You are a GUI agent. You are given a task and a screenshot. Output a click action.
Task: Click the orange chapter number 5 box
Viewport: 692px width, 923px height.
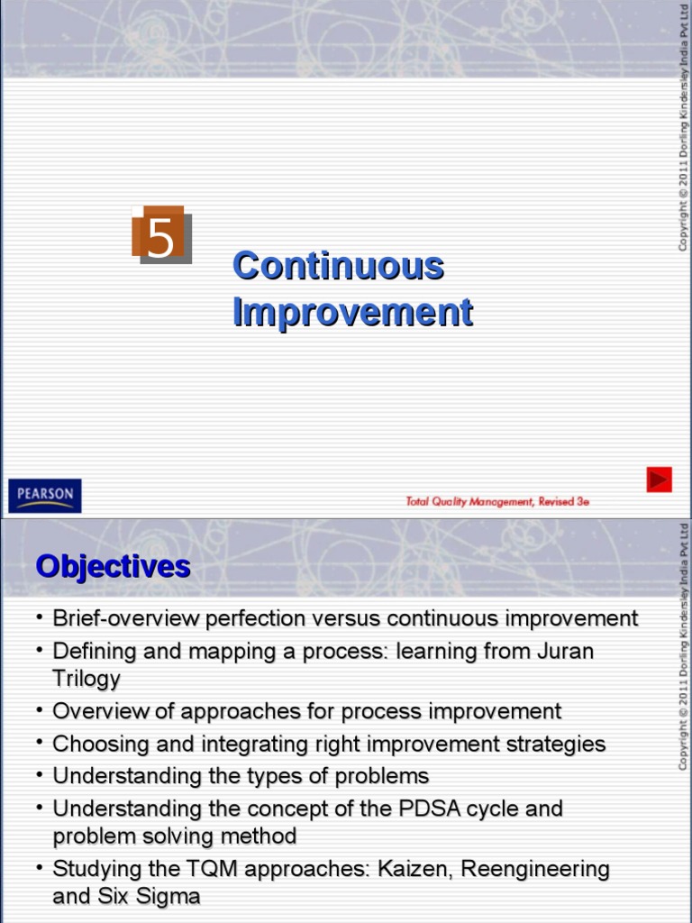pyautogui.click(x=160, y=235)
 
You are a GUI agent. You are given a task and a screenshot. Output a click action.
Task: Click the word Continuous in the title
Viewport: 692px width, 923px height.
pyautogui.click(x=338, y=266)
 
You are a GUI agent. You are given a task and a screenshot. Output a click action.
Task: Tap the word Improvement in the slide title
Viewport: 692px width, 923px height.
pyautogui.click(x=352, y=312)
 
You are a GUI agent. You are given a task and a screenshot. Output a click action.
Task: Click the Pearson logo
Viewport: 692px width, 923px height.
pyautogui.click(x=45, y=496)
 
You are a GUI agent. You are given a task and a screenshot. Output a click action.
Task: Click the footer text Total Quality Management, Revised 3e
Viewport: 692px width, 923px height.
pyautogui.click(x=497, y=501)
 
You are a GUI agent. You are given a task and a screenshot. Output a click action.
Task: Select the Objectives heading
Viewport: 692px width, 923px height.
pyautogui.click(x=113, y=566)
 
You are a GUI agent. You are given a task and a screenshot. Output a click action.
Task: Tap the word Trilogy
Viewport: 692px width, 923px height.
pyautogui.click(x=86, y=679)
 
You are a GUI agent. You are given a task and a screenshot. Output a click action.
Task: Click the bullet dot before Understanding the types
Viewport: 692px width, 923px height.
pyautogui.click(x=41, y=773)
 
